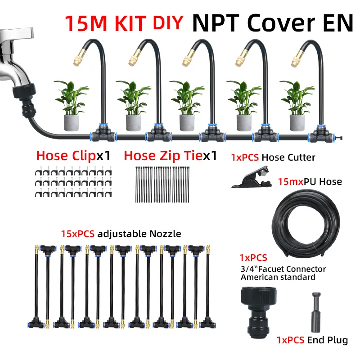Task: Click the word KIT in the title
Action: point(130,23)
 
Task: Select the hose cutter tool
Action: point(252,177)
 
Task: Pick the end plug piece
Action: point(316,312)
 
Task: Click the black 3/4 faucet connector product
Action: point(258,312)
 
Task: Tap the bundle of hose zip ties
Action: point(162,184)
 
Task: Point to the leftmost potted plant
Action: point(72,106)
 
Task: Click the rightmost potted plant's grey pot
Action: point(297,123)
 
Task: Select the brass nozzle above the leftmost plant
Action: point(78,59)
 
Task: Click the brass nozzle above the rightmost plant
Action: point(297,59)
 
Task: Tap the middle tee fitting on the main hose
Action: point(211,134)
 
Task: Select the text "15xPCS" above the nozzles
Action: point(77,234)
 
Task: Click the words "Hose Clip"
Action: point(66,156)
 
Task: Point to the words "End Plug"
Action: point(328,340)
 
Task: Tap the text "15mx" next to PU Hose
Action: point(291,182)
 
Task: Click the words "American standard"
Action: point(278,277)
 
